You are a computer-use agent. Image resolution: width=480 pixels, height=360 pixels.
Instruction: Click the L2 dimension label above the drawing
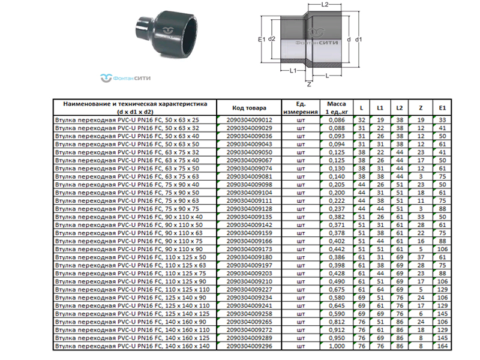point(325,5)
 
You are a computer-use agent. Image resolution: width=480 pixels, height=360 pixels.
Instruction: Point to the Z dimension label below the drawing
point(309,84)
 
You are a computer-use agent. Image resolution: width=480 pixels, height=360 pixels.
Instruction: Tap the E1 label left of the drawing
point(262,39)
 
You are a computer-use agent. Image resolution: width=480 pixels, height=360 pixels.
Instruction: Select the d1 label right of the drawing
point(358,39)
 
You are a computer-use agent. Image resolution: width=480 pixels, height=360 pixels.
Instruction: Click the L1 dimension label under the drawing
point(293,71)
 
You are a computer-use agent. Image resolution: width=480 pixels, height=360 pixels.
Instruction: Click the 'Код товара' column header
point(249,108)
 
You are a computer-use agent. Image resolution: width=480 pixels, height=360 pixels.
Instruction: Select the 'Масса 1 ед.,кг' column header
point(337,108)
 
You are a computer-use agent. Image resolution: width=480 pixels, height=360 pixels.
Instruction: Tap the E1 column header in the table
point(442,108)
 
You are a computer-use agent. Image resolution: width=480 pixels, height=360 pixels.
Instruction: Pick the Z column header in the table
point(421,108)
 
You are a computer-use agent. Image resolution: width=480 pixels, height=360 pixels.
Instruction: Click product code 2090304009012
point(249,120)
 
